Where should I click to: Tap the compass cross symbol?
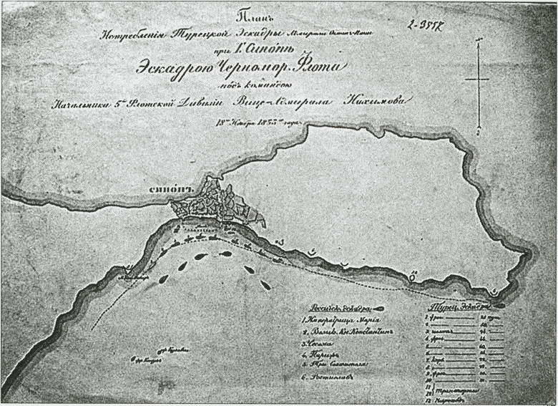click(x=476, y=77)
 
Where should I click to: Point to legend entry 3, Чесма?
click(x=319, y=347)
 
